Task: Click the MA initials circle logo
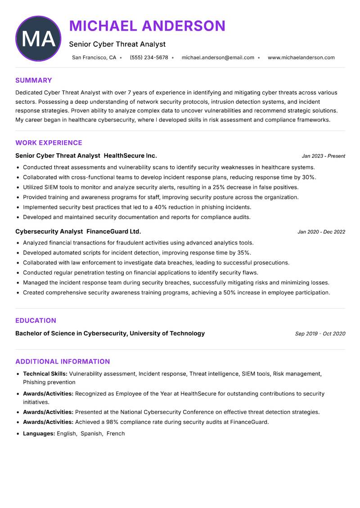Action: pos(38,39)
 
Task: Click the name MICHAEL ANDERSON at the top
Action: pos(147,26)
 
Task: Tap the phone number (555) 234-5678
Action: pos(149,58)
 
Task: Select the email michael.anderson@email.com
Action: pos(218,58)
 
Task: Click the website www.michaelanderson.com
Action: pos(301,58)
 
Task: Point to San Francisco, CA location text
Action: pos(94,58)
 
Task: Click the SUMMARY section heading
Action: pos(34,80)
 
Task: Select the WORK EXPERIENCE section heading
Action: pos(49,143)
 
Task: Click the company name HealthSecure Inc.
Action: pos(130,156)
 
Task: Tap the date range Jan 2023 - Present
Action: pos(323,156)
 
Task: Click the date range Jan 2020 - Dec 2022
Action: pos(321,232)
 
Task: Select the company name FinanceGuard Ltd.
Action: pos(113,232)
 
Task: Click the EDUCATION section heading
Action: pos(36,321)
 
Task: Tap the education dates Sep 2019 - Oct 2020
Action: pos(320,334)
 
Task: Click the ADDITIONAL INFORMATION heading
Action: pos(63,361)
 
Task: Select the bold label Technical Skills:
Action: pos(45,374)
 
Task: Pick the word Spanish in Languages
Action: pos(91,434)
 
